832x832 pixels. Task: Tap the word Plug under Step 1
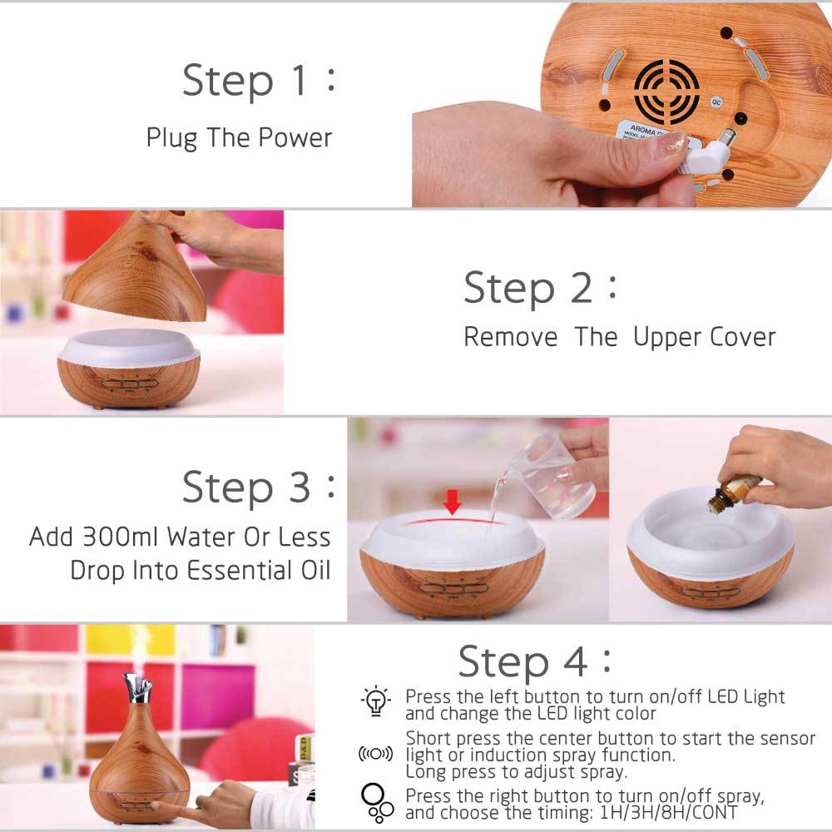[x=171, y=137]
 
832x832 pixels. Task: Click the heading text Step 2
[x=529, y=288]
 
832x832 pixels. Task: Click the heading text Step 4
[x=525, y=661]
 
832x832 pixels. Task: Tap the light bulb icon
[x=376, y=701]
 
